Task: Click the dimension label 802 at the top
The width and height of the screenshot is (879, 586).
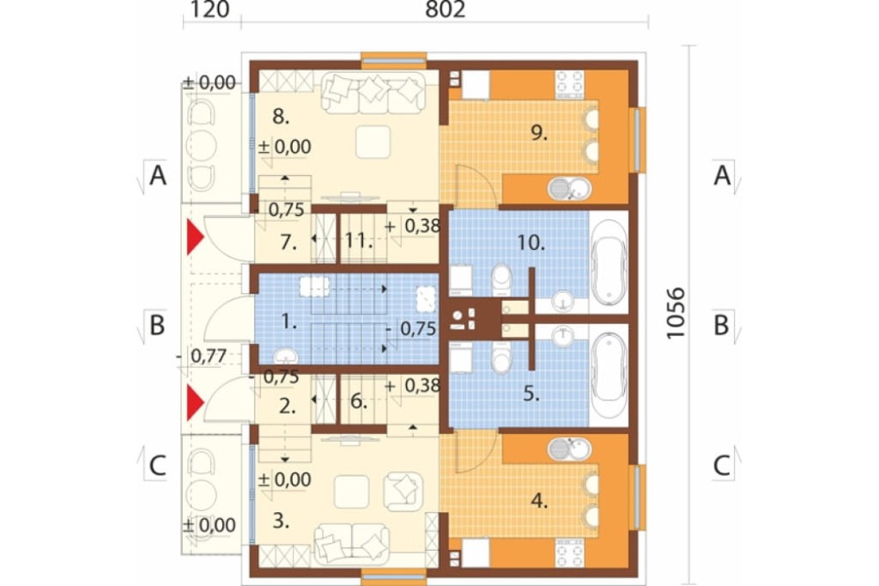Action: click(445, 9)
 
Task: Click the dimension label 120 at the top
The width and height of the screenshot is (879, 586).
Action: click(210, 9)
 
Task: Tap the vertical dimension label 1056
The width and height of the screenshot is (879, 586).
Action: click(676, 313)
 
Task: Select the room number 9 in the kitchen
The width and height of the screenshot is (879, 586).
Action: click(539, 133)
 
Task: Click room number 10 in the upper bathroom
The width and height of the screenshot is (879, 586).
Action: click(530, 243)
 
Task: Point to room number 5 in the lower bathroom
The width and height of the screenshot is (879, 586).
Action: click(531, 394)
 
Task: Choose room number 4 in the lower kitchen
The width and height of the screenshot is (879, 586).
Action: click(540, 502)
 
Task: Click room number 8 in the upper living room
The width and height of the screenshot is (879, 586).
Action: click(281, 117)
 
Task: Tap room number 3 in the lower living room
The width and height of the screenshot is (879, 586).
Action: click(281, 521)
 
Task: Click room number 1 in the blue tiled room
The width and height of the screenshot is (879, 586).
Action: click(288, 322)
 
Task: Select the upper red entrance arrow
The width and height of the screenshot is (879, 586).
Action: click(194, 238)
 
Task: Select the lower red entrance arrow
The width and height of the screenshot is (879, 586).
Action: click(194, 402)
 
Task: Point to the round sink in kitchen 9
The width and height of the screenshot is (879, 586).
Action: click(569, 188)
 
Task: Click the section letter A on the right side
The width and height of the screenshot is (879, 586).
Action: click(722, 176)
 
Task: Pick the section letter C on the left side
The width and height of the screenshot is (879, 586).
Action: click(157, 465)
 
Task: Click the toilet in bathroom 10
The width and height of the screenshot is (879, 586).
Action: click(502, 279)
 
